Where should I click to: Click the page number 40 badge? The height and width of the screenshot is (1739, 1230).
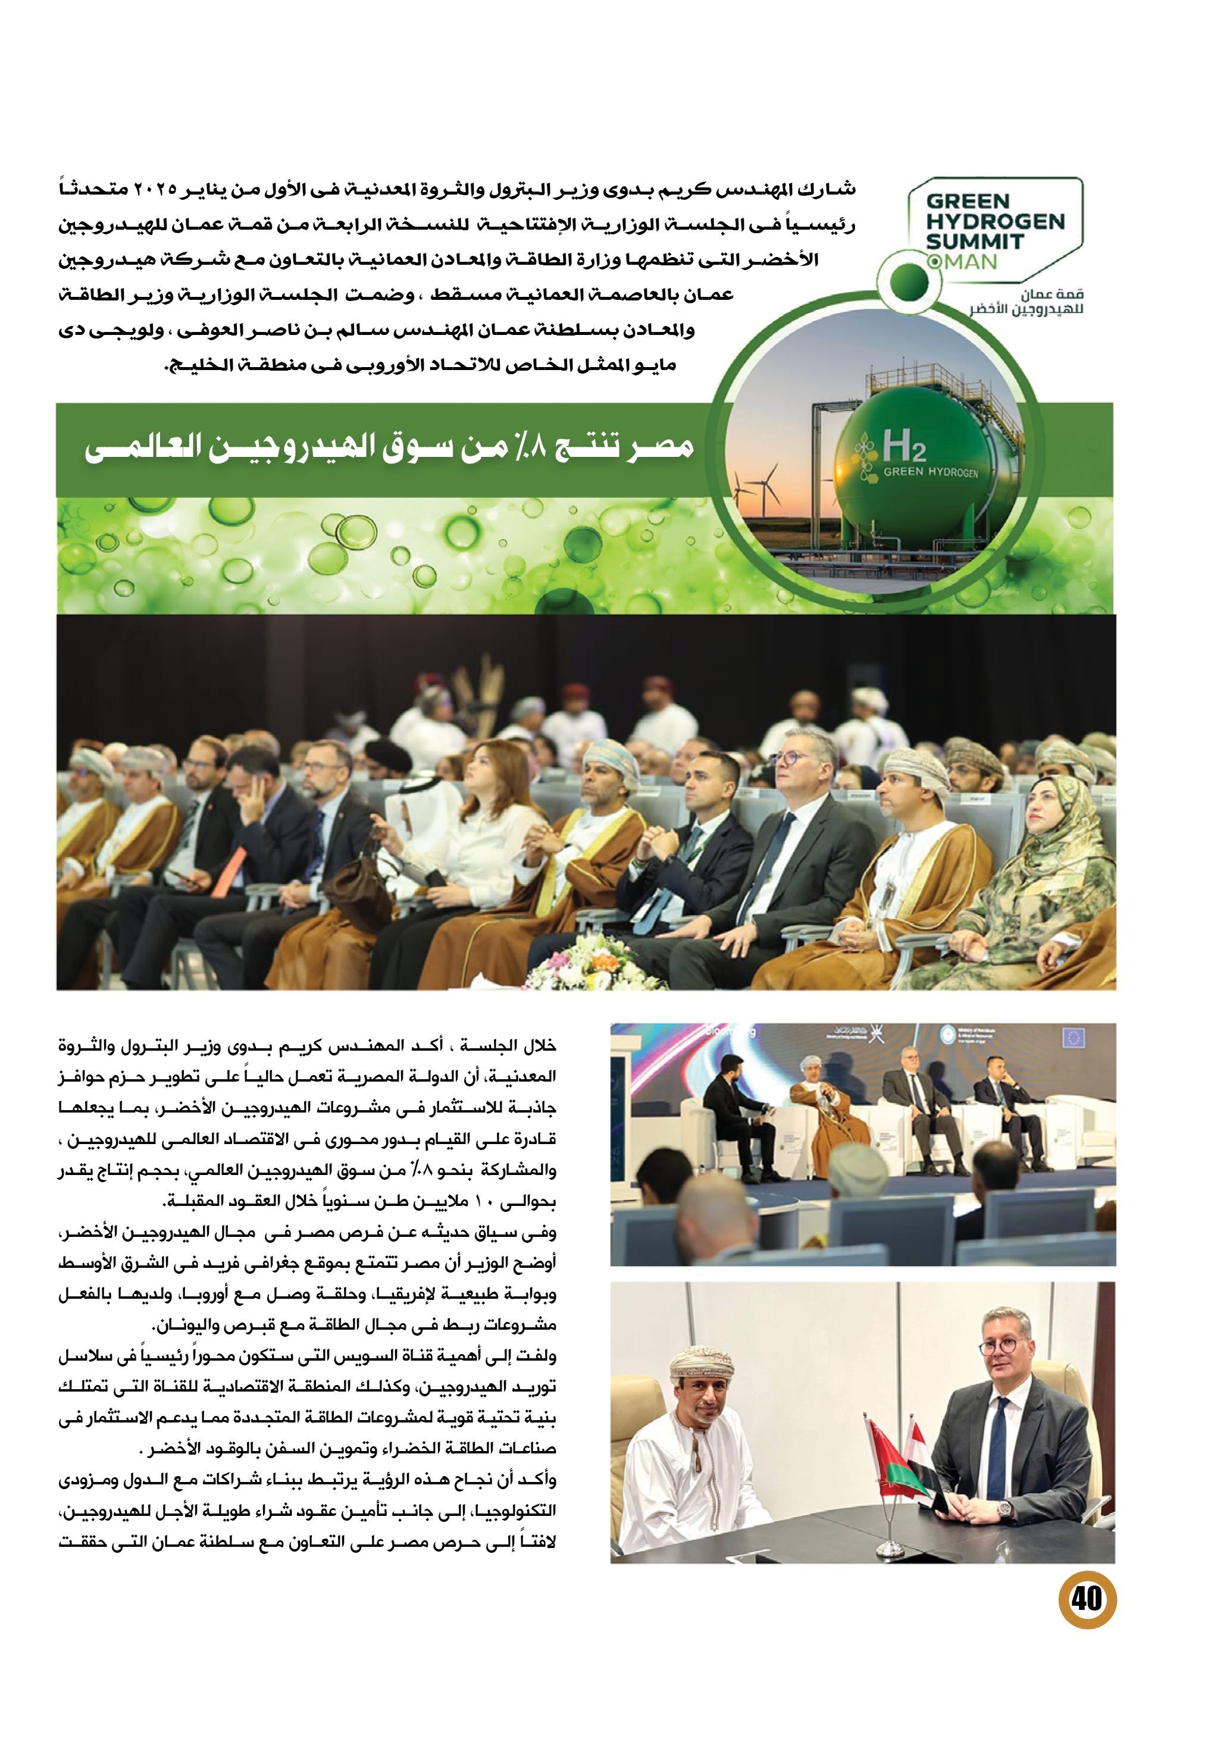[x=1087, y=1599]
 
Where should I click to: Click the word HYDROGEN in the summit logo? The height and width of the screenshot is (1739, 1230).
[x=995, y=222]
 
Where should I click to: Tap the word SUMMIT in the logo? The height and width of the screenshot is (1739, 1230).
[x=974, y=242]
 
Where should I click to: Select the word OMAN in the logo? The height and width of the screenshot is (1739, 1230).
[x=962, y=262]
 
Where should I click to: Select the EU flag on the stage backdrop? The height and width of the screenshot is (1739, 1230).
[x=1074, y=1038]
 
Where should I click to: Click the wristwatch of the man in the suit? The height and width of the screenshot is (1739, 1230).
[x=1004, y=1509]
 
